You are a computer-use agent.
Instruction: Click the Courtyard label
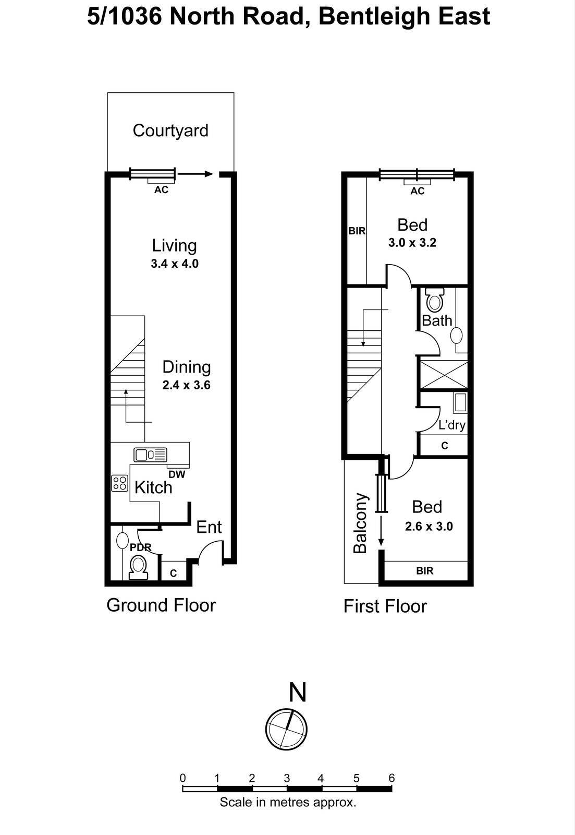pyautogui.click(x=170, y=130)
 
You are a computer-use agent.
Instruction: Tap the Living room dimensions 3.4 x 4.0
pyautogui.click(x=175, y=264)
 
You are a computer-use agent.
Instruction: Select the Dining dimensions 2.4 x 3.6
pyautogui.click(x=186, y=386)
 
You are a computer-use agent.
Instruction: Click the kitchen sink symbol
pyautogui.click(x=150, y=455)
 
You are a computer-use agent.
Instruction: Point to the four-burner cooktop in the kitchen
pyautogui.click(x=120, y=483)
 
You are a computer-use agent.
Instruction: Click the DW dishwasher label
pyautogui.click(x=177, y=474)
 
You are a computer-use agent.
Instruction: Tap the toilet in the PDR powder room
pyautogui.click(x=138, y=567)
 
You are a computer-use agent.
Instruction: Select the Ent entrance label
pyautogui.click(x=209, y=527)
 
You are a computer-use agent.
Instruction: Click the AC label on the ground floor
pyautogui.click(x=161, y=190)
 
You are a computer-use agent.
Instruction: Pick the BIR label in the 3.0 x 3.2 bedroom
pyautogui.click(x=357, y=231)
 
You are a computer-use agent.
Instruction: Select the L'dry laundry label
pyautogui.click(x=451, y=425)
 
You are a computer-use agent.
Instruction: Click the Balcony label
pyautogui.click(x=361, y=523)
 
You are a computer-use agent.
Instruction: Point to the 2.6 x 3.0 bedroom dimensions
pyautogui.click(x=429, y=526)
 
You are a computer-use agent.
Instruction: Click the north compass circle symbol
pyautogui.click(x=286, y=729)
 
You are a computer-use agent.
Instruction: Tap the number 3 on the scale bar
pyautogui.click(x=287, y=778)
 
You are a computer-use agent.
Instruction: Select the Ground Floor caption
pyautogui.click(x=161, y=605)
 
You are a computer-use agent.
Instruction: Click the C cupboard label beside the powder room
pyautogui.click(x=174, y=573)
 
